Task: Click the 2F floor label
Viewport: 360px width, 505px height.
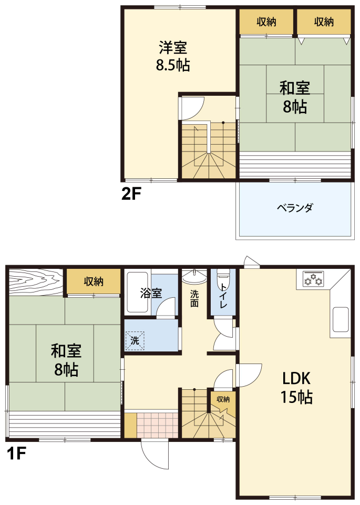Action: pos(131,194)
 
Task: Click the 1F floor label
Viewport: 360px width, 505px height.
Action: pos(16,453)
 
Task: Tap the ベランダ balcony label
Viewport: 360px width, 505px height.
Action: pos(295,208)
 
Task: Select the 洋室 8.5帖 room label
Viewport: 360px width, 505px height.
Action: pos(173,56)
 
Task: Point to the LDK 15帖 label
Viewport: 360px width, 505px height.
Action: pos(296,387)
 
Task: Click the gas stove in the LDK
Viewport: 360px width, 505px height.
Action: pos(313,279)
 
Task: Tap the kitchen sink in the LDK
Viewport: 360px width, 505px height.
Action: pos(341,319)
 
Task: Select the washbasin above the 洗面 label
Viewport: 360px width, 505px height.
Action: pos(194,276)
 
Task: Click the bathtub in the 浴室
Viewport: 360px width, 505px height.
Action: pos(138,292)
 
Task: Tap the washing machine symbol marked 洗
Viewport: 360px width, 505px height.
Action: pos(135,340)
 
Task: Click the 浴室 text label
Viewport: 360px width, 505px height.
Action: pos(151,293)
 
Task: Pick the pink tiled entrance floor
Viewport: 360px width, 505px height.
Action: pos(157,425)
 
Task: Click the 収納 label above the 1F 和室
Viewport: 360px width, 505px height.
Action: pos(94,282)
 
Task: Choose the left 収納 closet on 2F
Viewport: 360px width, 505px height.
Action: pos(266,22)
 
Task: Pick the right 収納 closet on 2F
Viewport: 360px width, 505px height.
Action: pos(324,22)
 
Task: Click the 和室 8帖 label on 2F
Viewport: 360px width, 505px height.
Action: pos(295,97)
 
